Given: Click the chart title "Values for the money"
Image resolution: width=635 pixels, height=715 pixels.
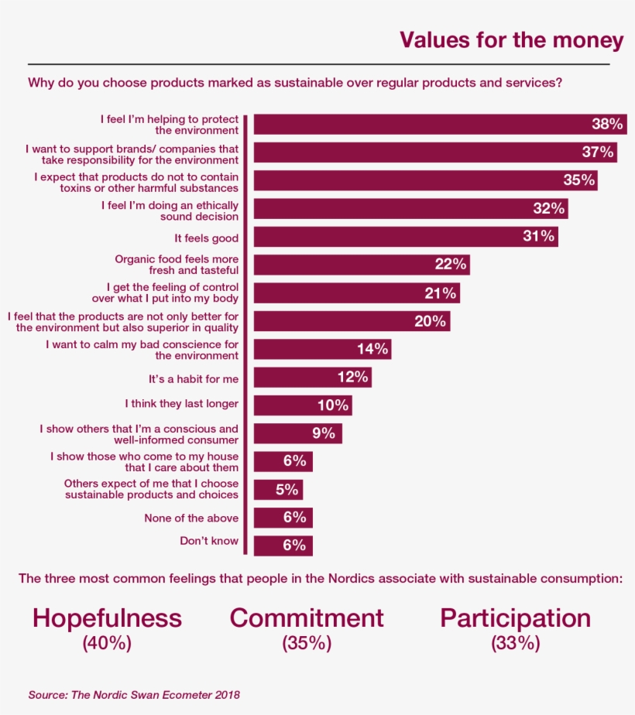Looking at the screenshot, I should click(511, 40).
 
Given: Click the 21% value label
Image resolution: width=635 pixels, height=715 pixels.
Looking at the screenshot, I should click(440, 292).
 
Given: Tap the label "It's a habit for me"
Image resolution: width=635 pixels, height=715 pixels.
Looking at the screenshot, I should click(194, 378).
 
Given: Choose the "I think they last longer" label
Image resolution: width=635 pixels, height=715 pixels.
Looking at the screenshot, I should click(182, 403).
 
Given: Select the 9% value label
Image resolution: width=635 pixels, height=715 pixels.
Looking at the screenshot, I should click(324, 433).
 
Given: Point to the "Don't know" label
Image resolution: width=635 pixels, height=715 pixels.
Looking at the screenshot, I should click(209, 541).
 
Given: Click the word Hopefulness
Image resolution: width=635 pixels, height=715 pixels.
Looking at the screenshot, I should click(107, 617).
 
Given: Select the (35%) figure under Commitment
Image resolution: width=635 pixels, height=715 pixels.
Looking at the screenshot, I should click(307, 642).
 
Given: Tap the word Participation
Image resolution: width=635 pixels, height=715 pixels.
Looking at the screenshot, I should click(515, 617).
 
